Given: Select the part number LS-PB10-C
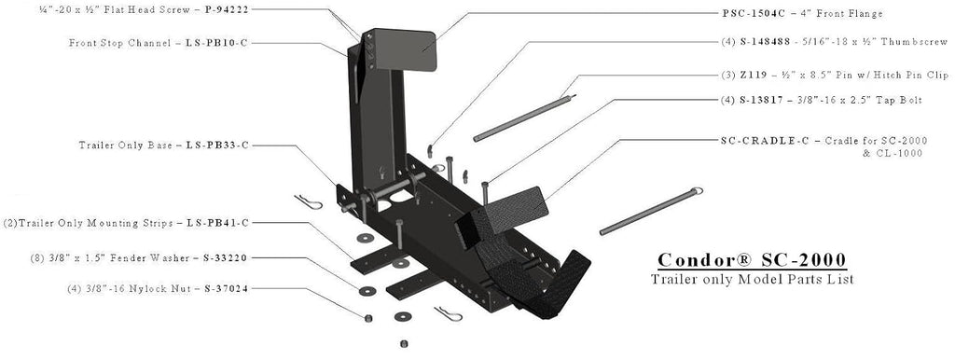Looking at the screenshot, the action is pos(216,43).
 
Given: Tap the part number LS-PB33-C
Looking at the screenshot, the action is pos(216,145).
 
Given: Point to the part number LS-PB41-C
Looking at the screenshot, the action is pos(217,223).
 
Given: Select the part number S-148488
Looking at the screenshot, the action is pos(765,42).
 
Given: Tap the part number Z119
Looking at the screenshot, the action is pos(751,75).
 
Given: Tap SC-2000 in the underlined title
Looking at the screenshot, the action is pos(804,260).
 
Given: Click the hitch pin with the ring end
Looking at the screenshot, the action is pos(651,212).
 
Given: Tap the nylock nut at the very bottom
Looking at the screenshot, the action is pos(403,344).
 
